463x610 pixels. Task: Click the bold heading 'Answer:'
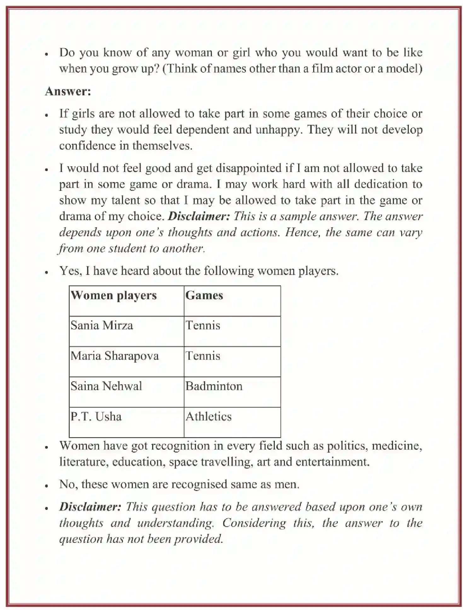[x=68, y=91]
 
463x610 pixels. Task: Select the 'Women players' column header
[x=113, y=295]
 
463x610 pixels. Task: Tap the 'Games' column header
[x=204, y=295]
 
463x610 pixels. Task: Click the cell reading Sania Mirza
[x=101, y=325]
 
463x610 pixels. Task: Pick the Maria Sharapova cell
[x=114, y=356]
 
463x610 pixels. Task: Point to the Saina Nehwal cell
[x=106, y=386]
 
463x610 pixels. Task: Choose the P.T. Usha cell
[x=96, y=416]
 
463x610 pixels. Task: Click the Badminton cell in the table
[x=214, y=386]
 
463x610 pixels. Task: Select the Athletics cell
[x=208, y=416]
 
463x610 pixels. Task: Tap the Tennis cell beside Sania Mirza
[x=203, y=325]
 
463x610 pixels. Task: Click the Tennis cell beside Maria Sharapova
[x=203, y=356]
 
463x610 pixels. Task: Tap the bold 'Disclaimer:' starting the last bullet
[x=90, y=507]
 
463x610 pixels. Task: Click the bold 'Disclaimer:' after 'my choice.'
[x=199, y=216]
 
